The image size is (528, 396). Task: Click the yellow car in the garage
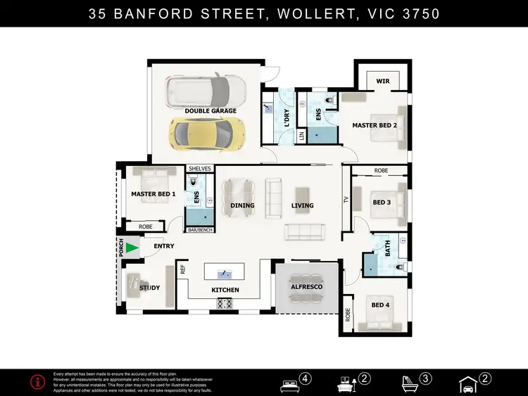(x=207, y=132)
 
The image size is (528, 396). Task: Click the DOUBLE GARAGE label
(x=210, y=111)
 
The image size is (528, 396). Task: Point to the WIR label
(x=382, y=82)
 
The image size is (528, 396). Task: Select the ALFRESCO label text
(x=306, y=288)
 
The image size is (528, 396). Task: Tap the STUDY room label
(x=149, y=288)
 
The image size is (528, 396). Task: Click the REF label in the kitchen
(x=183, y=269)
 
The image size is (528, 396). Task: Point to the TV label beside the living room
(x=346, y=200)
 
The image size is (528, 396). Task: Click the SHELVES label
(x=199, y=169)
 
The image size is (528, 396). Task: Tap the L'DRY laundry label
(x=278, y=112)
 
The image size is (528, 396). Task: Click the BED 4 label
(x=380, y=305)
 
